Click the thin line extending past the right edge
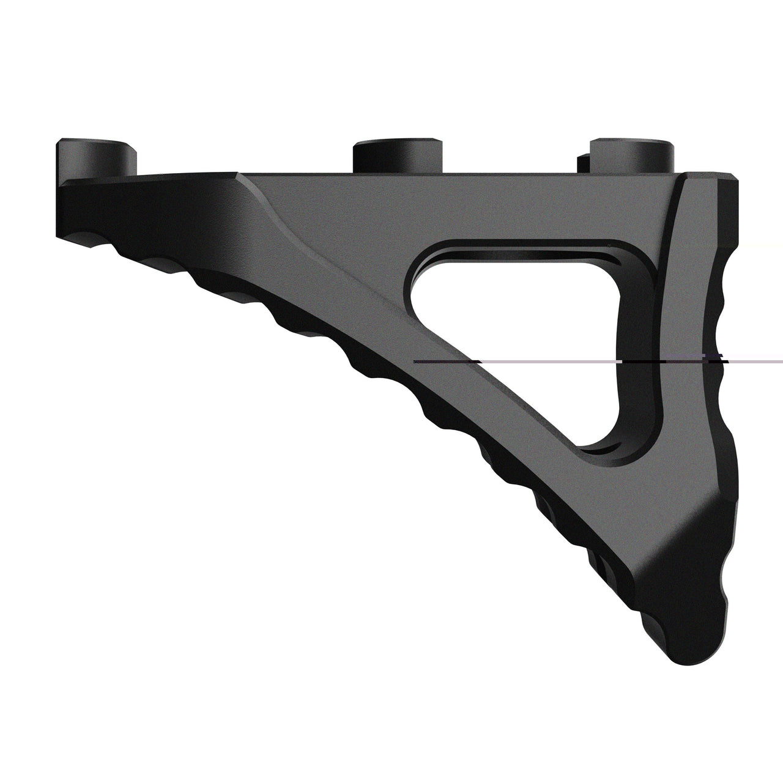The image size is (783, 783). pos(759,362)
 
